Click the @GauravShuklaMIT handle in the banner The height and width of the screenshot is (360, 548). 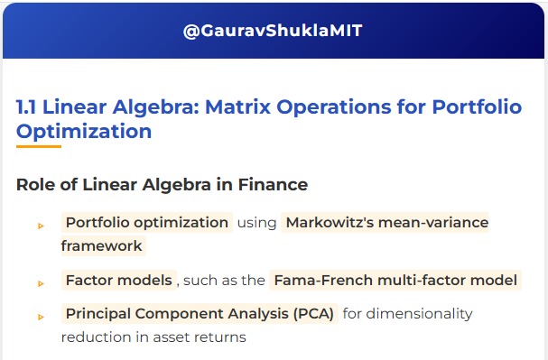(x=273, y=31)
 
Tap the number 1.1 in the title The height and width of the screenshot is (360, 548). (x=29, y=107)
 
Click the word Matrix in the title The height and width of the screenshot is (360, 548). (x=237, y=107)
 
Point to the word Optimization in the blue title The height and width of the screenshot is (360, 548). (x=84, y=131)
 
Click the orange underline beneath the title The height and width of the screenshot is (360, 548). (x=39, y=146)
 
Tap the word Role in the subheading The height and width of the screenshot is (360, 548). (x=36, y=185)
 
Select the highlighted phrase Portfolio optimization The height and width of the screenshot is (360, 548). (x=147, y=222)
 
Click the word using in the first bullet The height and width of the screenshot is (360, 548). (x=257, y=222)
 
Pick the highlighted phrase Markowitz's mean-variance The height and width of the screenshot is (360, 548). (x=385, y=222)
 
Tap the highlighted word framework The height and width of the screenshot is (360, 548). (x=102, y=245)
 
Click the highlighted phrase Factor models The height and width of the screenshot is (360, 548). (x=118, y=280)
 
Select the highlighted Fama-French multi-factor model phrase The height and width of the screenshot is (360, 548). (x=395, y=280)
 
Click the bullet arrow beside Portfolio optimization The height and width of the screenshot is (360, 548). (x=41, y=225)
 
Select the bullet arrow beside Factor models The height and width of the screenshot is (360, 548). (x=41, y=282)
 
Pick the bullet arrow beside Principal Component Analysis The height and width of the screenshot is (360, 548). (x=41, y=317)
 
